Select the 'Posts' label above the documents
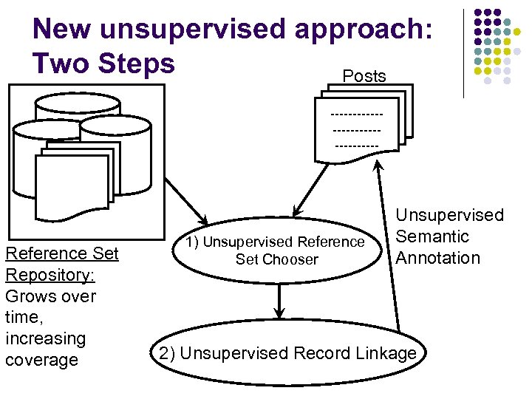pyautogui.click(x=364, y=76)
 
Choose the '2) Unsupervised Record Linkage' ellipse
pyautogui.click(x=288, y=353)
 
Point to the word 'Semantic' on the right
pyautogui.click(x=432, y=236)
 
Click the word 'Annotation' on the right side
pyautogui.click(x=437, y=258)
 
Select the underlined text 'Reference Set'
pyautogui.click(x=61, y=253)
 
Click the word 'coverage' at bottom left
pyautogui.click(x=41, y=360)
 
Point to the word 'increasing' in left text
pyautogui.click(x=45, y=338)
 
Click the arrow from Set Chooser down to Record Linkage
pyautogui.click(x=279, y=300)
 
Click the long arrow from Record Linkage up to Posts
pyautogui.click(x=388, y=244)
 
